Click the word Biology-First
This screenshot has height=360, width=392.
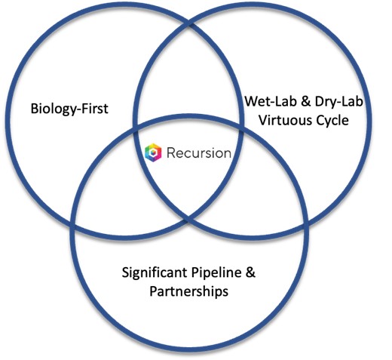(x=69, y=109)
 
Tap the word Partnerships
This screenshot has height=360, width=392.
(x=189, y=292)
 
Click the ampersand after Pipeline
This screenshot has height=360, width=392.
(x=250, y=272)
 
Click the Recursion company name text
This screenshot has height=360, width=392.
(x=199, y=153)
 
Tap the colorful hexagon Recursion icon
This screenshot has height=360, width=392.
(x=153, y=152)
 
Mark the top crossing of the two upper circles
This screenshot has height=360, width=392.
(x=189, y=24)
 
